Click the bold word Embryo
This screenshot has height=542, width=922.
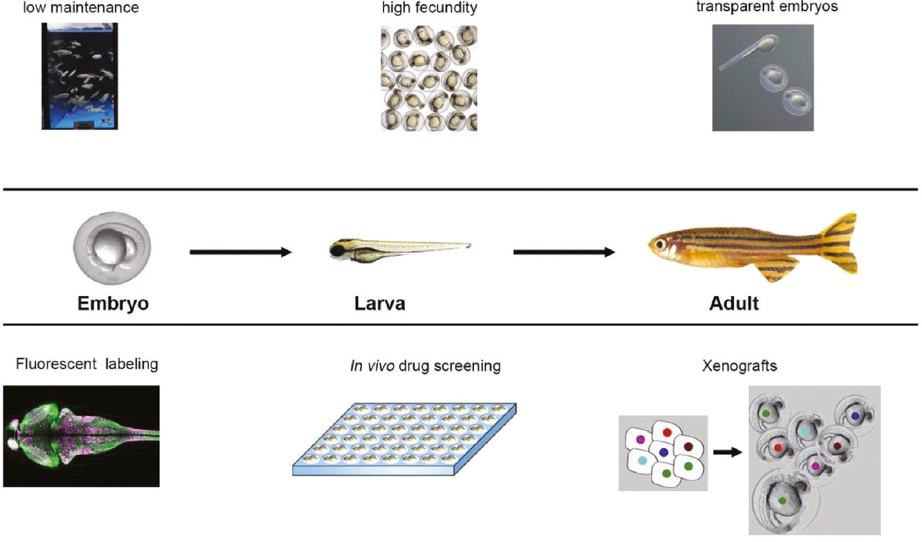coord(113,303)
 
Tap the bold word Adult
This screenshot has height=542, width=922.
coord(733,303)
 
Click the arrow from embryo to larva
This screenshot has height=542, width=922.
coord(240,251)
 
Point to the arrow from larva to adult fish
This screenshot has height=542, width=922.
coord(564,251)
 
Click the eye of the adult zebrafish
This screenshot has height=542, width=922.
coord(658,244)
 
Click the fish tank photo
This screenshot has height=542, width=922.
coord(77,75)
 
